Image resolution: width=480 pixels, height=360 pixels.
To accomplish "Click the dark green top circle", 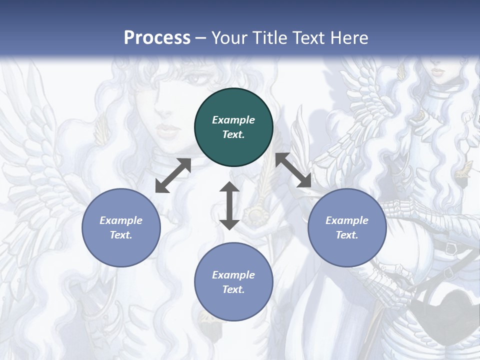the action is pyautogui.click(x=233, y=127).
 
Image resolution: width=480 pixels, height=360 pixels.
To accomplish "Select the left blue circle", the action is pyautogui.click(x=121, y=228).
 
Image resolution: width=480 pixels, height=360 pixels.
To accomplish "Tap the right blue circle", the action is pyautogui.click(x=347, y=228).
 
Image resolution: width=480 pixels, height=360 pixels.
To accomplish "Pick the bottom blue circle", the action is pyautogui.click(x=233, y=282).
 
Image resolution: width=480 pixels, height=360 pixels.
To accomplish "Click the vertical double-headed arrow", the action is pyautogui.click(x=229, y=205).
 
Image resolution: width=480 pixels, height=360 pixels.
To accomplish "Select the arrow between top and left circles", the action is pyautogui.click(x=173, y=175).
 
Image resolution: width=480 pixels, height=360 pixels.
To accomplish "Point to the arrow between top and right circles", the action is pyautogui.click(x=293, y=170).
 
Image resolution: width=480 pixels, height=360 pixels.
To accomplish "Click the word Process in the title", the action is pyautogui.click(x=157, y=37).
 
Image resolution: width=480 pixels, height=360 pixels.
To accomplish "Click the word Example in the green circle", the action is pyautogui.click(x=233, y=120).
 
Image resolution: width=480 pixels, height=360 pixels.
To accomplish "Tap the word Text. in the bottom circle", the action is pyautogui.click(x=233, y=289).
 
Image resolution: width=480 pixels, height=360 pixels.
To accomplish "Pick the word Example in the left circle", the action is pyautogui.click(x=121, y=220).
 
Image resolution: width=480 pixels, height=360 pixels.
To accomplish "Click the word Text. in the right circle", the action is pyautogui.click(x=347, y=235).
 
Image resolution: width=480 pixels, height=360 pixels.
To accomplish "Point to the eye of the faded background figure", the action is pyautogui.click(x=198, y=78).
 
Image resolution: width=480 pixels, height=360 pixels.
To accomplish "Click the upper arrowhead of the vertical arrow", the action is pyautogui.click(x=229, y=186).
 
